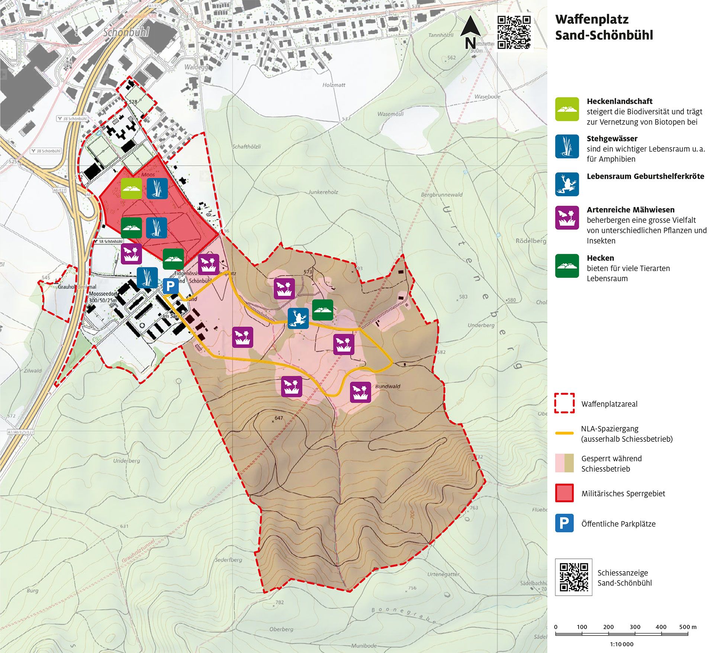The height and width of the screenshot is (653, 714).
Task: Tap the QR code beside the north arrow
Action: coord(514,33)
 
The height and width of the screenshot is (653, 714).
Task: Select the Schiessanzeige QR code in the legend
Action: coord(573,577)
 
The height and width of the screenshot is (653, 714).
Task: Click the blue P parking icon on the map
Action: coord(170,286)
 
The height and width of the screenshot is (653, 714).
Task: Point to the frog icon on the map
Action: coord(298,318)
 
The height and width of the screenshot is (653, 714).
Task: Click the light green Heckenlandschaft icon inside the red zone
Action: coord(131,188)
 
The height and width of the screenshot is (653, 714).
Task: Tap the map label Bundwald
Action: coord(387,386)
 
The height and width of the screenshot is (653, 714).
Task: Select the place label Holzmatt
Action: coord(334,85)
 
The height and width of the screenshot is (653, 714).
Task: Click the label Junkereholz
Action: coord(323,192)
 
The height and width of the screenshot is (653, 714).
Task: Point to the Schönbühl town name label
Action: coord(126,32)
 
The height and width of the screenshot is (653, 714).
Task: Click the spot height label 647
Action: coord(279,418)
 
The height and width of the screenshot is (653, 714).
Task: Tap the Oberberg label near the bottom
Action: coord(281,629)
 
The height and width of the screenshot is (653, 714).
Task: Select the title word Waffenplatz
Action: coord(592,19)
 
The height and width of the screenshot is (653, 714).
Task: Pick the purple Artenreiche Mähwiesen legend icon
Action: coord(567,218)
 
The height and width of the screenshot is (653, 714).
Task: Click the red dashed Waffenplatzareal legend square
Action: coord(564,403)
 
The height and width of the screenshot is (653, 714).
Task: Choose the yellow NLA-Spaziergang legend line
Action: coord(564,433)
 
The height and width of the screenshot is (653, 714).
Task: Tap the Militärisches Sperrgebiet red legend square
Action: coord(564,493)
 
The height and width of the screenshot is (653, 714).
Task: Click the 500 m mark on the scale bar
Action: coord(687,627)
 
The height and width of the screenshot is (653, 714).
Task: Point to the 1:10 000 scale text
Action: coord(621,644)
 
